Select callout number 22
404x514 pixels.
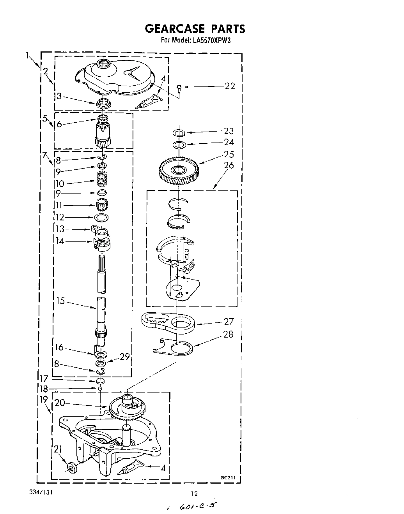point(230,86)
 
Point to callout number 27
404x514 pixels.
point(229,321)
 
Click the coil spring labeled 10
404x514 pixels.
point(101,181)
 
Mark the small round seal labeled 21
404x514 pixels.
point(71,466)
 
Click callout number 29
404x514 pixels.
point(124,356)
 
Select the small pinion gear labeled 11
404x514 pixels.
point(102,203)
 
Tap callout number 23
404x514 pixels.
point(229,131)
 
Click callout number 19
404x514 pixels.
point(43,399)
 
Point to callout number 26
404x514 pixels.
point(229,165)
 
